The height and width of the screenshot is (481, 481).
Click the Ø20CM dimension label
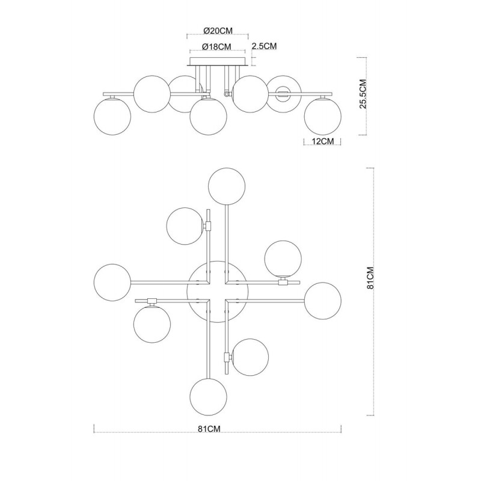point(218,31)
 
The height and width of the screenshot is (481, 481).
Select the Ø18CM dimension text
point(216,47)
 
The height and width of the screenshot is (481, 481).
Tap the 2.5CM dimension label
point(264,46)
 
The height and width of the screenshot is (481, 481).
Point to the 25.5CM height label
point(363,94)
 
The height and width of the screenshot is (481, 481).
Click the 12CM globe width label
point(322,141)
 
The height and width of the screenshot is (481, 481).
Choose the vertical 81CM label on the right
point(370,278)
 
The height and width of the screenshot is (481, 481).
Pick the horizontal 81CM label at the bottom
point(209,429)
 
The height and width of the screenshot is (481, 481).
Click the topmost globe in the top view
point(227,186)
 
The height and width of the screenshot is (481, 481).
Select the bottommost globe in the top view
point(209,397)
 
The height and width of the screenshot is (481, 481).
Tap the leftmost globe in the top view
point(112,282)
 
